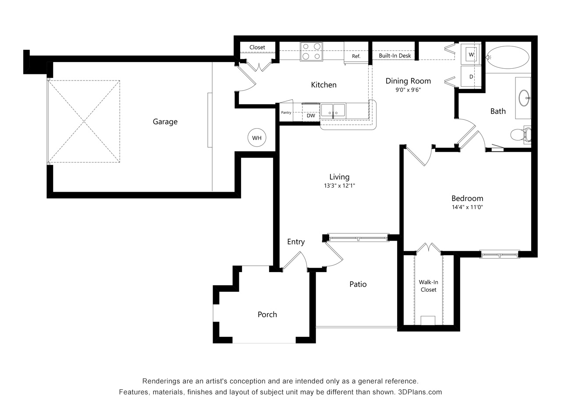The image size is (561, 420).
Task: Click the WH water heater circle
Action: (256, 137)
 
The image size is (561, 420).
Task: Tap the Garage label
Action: (165, 122)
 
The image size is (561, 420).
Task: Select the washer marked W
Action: (471, 54)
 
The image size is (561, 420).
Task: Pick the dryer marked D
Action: (471, 76)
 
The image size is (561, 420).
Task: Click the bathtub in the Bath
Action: (508, 57)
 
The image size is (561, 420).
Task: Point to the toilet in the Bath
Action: (521, 134)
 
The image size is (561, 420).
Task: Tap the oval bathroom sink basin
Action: (524, 98)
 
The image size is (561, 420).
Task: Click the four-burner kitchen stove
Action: (311, 51)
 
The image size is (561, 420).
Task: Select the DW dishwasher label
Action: (311, 115)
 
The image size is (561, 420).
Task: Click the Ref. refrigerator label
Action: (356, 56)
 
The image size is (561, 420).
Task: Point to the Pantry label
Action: (286, 112)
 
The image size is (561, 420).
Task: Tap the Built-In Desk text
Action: (395, 56)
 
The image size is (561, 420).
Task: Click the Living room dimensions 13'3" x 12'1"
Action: (339, 185)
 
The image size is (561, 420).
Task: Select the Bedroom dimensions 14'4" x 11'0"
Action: (467, 207)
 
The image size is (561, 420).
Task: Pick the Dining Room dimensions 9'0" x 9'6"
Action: (408, 90)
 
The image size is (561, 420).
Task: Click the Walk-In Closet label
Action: (428, 286)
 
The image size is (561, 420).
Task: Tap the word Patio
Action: (358, 284)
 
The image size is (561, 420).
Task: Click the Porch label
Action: (267, 315)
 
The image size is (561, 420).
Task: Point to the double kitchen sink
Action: (333, 110)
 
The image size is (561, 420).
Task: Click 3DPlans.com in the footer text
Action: (420, 392)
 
